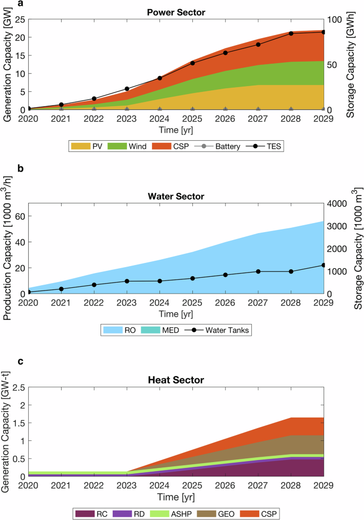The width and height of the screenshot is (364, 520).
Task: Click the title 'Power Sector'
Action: [176, 11]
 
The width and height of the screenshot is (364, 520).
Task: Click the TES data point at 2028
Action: [291, 33]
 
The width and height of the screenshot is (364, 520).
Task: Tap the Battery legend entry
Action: [219, 145]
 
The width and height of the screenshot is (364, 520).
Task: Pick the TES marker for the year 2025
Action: [192, 63]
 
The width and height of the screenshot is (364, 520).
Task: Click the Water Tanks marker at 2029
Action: [324, 265]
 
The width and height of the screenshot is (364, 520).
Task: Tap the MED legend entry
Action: [161, 329]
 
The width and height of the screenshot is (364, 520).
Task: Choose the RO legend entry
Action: [124, 329]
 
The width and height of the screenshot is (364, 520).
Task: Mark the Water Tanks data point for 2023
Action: [126, 281]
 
